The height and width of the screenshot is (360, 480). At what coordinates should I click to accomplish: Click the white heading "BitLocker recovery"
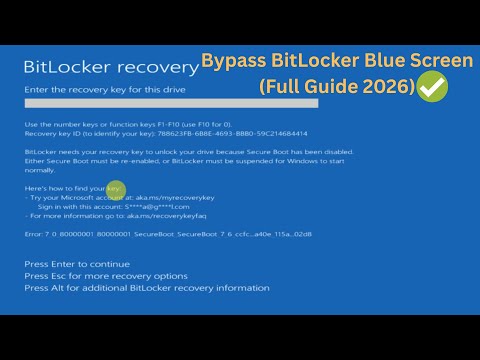coord(110,67)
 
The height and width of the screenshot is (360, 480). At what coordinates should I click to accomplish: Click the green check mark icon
coord(432,88)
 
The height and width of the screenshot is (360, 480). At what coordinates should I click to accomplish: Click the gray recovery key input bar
coord(171,104)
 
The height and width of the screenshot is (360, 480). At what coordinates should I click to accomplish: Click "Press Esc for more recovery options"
coord(106,275)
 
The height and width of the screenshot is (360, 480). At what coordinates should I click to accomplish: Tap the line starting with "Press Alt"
coord(146,287)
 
